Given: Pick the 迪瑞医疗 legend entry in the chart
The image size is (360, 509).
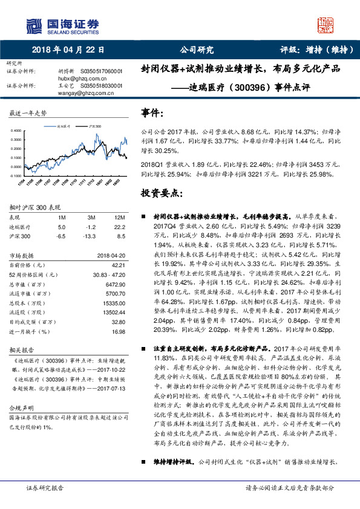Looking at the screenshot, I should pos(64,126).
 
